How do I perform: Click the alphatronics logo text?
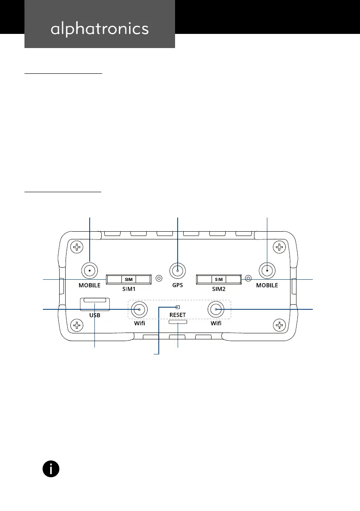click(100, 29)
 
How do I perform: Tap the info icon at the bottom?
click(51, 469)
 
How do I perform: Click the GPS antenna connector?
click(178, 271)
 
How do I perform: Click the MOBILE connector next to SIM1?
click(89, 271)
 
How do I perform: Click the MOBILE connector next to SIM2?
click(267, 271)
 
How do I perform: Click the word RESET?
click(178, 314)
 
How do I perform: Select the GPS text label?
click(178, 285)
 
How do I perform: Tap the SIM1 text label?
click(129, 289)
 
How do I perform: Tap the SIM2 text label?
click(218, 289)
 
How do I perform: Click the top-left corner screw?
click(77, 247)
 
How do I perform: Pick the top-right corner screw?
click(279, 247)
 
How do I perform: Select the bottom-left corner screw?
click(77, 326)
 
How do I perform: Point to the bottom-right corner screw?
click(279, 326)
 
